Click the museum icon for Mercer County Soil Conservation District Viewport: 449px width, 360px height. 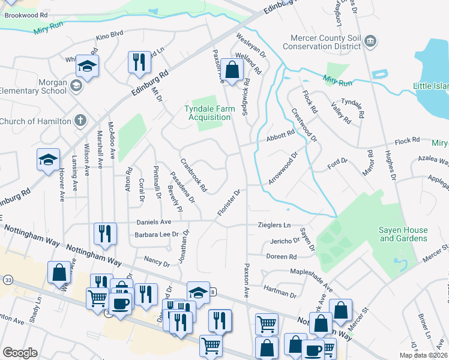tap(371, 41)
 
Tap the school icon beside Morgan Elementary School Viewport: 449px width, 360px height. tap(76, 86)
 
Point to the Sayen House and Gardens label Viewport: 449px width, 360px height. tap(403, 234)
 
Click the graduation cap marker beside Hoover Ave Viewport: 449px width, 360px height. tap(48, 160)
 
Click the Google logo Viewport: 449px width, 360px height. tap(20, 352)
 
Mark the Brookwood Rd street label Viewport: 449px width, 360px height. tap(26, 14)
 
